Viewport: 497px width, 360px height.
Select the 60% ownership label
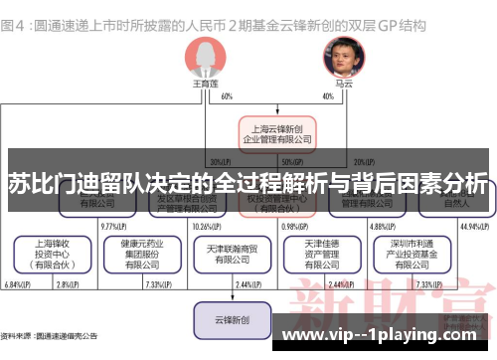(228, 96)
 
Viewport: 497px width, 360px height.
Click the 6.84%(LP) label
(18, 285)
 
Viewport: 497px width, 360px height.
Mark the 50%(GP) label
(292, 161)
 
